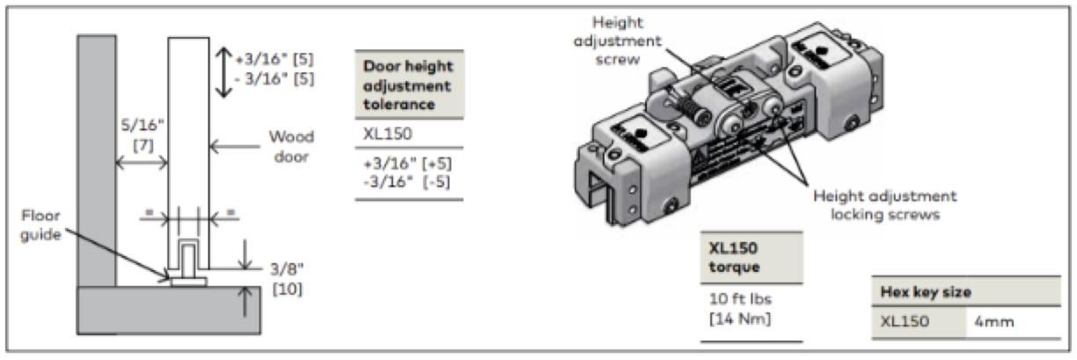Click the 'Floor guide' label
click(40, 224)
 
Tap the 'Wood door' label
click(291, 146)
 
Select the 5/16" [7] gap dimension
click(143, 136)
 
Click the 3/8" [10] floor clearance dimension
click(287, 279)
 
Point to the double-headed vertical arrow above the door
click(223, 72)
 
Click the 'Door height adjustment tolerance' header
click(408, 84)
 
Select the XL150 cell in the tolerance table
click(387, 133)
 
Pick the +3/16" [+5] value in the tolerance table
click(407, 164)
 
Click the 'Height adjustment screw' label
click(618, 40)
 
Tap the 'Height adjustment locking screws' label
click(885, 205)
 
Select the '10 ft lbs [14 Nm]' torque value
click(741, 308)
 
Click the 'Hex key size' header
click(926, 291)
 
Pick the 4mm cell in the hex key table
click(994, 321)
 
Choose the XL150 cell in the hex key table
click(905, 321)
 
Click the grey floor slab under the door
click(169, 311)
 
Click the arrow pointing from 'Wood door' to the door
click(235, 146)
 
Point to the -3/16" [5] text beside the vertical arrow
click(275, 78)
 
